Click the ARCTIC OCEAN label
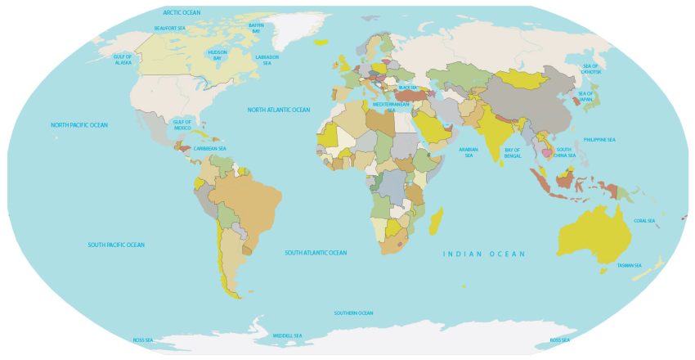click(x=182, y=12)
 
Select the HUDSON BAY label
click(x=217, y=55)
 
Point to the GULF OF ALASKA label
click(x=123, y=59)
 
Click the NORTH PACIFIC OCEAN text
click(x=79, y=125)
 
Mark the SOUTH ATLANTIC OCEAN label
click(x=316, y=253)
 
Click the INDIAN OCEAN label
click(x=484, y=254)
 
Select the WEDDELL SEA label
click(x=287, y=335)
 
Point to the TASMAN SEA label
click(x=630, y=265)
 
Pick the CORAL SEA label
click(x=644, y=220)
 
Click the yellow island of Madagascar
click(x=437, y=218)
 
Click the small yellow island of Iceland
click(x=321, y=43)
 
